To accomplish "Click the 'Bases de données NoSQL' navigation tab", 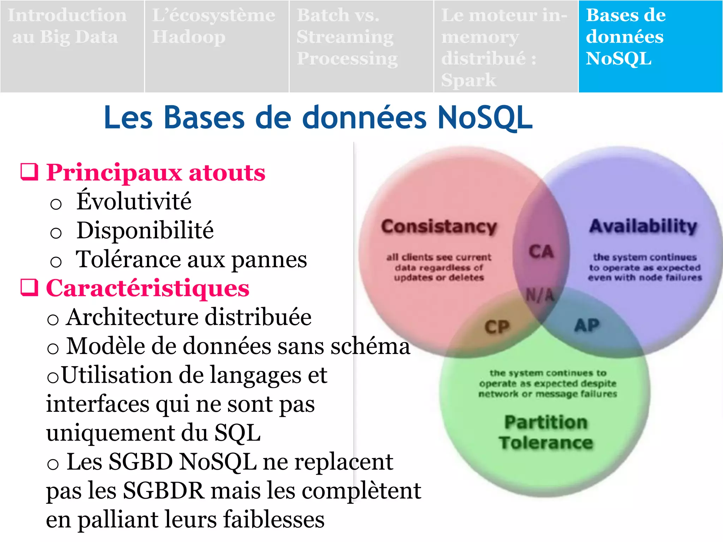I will [650, 46].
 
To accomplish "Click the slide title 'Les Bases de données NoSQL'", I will [318, 118].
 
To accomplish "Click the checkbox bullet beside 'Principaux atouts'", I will [29, 172].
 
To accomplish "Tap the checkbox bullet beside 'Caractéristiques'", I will [29, 287].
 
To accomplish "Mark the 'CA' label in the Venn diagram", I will [541, 252].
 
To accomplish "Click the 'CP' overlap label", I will [497, 327].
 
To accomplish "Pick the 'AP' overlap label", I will [587, 325].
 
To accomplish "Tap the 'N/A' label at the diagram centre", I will [540, 295].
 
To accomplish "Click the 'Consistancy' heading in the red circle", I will [439, 227].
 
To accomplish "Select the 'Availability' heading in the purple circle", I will [643, 226].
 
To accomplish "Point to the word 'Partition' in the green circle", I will [546, 422].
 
